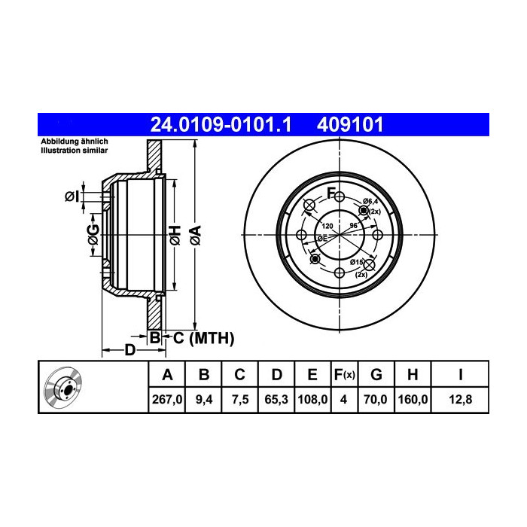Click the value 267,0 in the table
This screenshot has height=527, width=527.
coord(168,401)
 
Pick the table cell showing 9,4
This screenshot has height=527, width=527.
coord(204,401)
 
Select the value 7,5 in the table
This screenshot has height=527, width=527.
coord(239,401)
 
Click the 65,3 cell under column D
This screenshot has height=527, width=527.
coord(276,401)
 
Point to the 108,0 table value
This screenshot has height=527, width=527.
coord(312,401)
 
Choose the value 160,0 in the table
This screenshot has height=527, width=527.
coord(413,401)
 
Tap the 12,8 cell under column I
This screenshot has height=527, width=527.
coord(458,401)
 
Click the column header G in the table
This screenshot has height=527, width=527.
coord(376,374)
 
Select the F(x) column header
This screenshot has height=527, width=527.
coord(343,374)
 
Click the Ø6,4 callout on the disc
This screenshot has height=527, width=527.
coord(370,201)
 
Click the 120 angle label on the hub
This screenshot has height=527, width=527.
coord(327,225)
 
